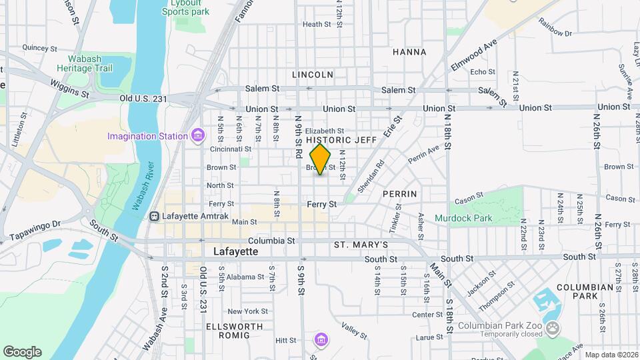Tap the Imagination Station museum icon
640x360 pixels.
197,136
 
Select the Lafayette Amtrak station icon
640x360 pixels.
155,216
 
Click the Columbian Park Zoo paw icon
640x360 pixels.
553,327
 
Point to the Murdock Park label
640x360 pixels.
463,218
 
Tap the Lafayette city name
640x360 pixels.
235,252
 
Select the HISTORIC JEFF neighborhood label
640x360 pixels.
341,140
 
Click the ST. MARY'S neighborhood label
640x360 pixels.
361,245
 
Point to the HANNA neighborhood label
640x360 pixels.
409,51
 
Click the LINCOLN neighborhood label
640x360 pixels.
312,75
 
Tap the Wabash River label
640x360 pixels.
143,186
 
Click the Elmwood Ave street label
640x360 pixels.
465,55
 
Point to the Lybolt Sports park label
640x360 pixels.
185,7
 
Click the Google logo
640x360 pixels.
22,351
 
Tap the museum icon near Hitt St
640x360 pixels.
321,341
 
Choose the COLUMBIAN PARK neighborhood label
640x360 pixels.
585,291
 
